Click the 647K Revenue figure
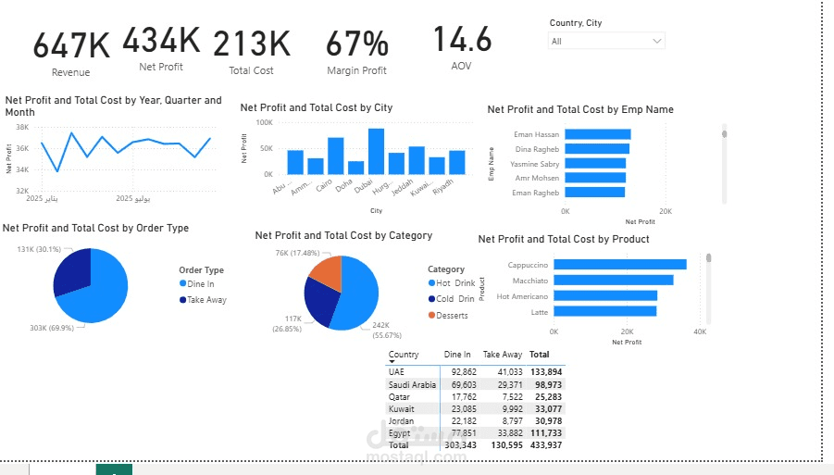click(x=71, y=45)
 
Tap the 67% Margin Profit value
click(x=356, y=44)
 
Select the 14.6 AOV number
click(x=462, y=40)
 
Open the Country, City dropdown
click(x=606, y=41)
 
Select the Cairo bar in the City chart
click(x=335, y=156)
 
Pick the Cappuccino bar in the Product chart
click(x=619, y=265)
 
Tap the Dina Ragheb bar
click(x=597, y=149)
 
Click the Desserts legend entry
click(x=452, y=316)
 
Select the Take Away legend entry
click(x=205, y=300)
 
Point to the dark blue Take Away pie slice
click(x=73, y=272)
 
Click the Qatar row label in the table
click(x=399, y=396)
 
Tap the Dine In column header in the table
click(x=457, y=355)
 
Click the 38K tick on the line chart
click(x=22, y=127)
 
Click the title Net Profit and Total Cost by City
click(x=316, y=107)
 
